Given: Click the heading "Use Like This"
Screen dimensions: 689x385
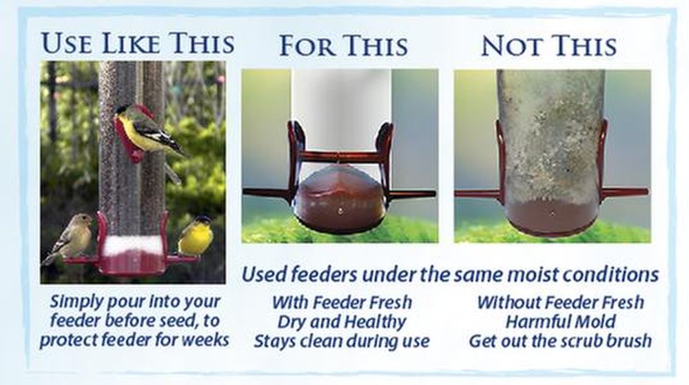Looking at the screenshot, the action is [x=138, y=43].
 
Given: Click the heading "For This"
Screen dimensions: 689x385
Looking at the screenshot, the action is [x=344, y=46].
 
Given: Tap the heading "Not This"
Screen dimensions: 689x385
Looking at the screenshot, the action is [x=549, y=46].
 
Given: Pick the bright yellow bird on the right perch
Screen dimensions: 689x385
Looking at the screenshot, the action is [x=196, y=236].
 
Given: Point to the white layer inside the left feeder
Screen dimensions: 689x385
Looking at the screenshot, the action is [x=133, y=244].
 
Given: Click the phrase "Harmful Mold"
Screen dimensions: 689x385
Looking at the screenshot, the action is [x=560, y=322].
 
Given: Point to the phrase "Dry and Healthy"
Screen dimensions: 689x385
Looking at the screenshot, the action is [x=342, y=322].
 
